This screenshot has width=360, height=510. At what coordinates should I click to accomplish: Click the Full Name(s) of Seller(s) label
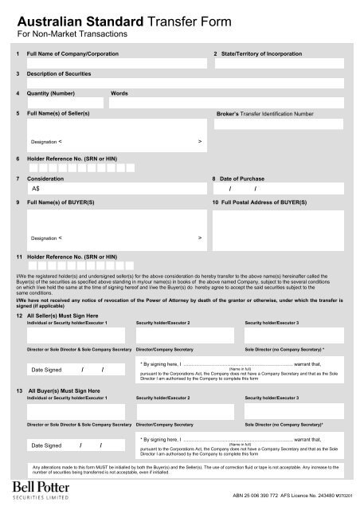click(59, 114)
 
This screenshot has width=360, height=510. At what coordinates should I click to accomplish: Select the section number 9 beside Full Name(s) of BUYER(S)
click(18, 202)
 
